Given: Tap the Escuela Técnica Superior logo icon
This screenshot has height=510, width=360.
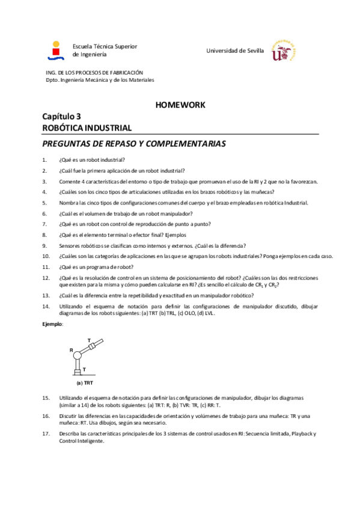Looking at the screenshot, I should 56,51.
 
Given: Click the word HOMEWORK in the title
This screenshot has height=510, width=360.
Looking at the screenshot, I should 180,105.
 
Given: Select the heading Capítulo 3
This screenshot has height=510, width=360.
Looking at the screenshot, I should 61,117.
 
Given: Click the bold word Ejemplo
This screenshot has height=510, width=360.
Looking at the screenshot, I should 52,324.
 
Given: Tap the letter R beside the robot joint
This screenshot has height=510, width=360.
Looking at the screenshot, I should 71,349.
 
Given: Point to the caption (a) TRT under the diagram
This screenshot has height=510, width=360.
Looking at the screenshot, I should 85,382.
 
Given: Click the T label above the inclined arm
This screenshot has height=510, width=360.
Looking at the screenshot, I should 89,340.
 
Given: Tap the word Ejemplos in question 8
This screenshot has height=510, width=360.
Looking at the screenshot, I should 175,235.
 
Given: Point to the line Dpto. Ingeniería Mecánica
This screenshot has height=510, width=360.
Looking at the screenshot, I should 100,79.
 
